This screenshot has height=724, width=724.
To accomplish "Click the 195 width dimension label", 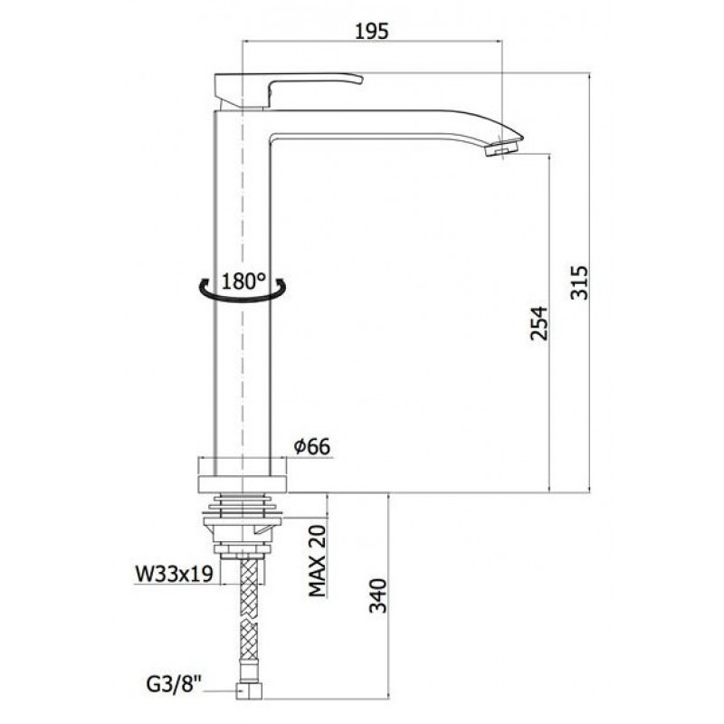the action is point(372,31).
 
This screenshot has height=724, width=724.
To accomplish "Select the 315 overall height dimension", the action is point(579,282).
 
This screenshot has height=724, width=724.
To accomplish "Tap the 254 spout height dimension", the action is point(538,323).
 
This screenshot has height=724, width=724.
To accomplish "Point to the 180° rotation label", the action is point(243,281).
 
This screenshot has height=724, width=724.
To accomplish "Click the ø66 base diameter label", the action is point(312,446).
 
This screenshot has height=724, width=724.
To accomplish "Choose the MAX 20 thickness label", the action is point(318,560).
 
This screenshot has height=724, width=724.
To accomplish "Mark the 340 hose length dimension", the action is point(378,595).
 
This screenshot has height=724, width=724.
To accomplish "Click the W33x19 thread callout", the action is point(174,574).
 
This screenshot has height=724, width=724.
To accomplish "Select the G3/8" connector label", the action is point(175,684).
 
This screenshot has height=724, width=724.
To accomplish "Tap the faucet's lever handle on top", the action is point(286,90).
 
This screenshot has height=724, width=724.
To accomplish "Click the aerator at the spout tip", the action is point(501,148).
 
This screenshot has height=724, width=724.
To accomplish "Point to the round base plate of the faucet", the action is point(243,474).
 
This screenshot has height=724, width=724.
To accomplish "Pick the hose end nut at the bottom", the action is point(249,691).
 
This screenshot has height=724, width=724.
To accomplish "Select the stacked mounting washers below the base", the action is point(243,505).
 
